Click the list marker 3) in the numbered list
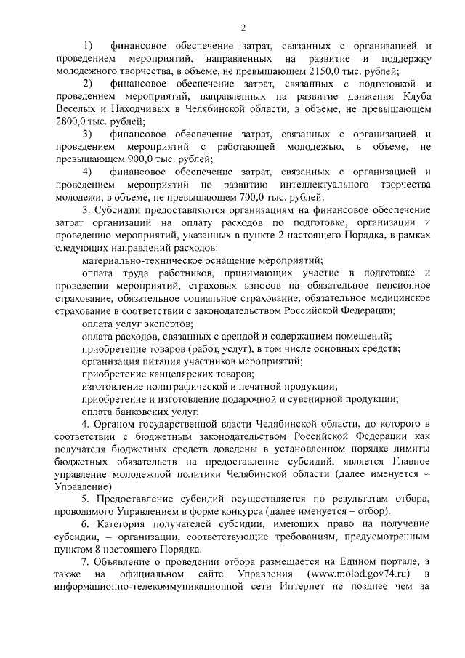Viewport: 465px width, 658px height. tap(88, 135)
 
